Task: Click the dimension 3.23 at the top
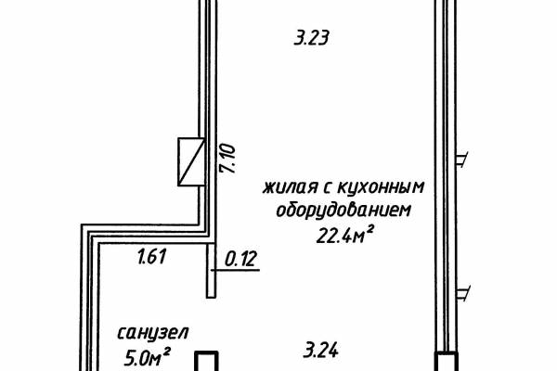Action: tap(311, 38)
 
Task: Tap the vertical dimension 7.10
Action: tap(227, 159)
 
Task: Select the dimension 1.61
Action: tap(151, 256)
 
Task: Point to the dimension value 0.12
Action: tap(240, 259)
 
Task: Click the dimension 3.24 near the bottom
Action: tap(321, 350)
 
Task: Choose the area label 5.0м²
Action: tap(148, 357)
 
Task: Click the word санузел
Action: tap(153, 334)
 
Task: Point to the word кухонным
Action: tap(380, 187)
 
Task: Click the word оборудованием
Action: tap(343, 211)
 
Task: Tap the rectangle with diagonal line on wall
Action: tap(191, 162)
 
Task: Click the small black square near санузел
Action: tap(206, 362)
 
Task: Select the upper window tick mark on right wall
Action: tap(461, 160)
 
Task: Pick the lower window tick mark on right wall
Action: tap(463, 293)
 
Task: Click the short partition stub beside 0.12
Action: tap(211, 271)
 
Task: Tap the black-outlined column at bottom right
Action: tap(447, 362)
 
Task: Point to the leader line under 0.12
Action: tap(235, 271)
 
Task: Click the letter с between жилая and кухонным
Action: tap(327, 188)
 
